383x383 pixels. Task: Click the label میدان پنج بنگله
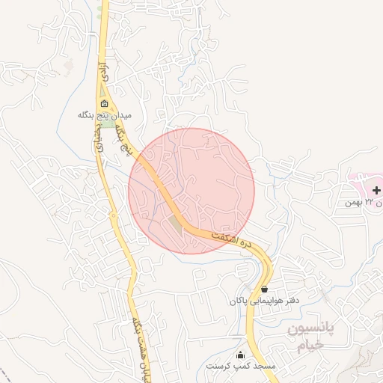105,116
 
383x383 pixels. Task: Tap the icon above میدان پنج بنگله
104,104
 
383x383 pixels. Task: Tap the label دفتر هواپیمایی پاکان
265,301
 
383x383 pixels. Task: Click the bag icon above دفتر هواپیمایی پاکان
265,289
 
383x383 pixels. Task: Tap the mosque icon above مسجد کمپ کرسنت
240,355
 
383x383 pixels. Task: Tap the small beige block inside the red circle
177,223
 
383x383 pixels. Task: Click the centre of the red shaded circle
191,191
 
